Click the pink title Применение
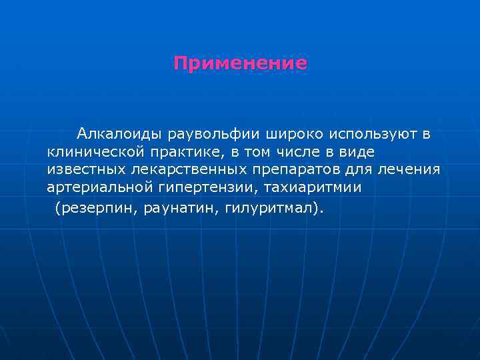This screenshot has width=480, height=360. tap(240, 64)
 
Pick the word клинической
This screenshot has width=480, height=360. tap(91, 153)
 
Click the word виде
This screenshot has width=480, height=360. tap(359, 153)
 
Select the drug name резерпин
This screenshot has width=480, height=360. tap(96, 208)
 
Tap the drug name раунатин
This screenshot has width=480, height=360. tap(183, 208)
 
